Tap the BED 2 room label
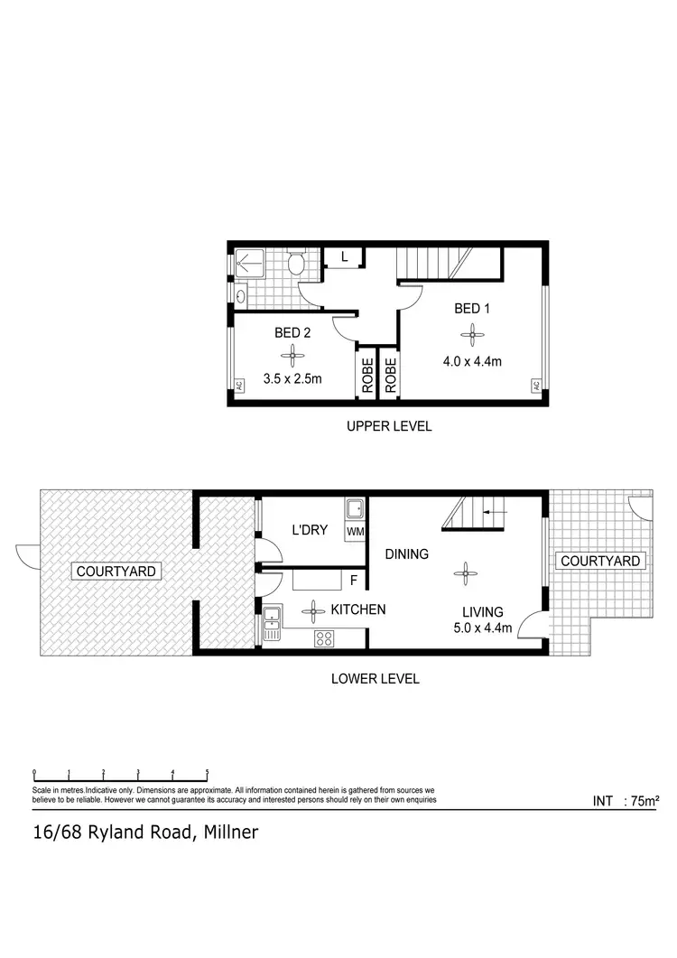click(x=292, y=332)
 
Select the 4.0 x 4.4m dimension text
click(x=471, y=362)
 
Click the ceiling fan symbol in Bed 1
click(x=472, y=336)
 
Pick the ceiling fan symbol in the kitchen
click(x=313, y=610)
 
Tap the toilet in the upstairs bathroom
click(x=295, y=264)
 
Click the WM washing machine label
click(x=355, y=532)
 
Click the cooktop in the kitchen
click(x=324, y=638)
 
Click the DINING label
click(x=406, y=553)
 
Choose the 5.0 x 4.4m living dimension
click(x=483, y=628)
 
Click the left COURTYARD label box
click(x=116, y=571)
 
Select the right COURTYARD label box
click(x=600, y=561)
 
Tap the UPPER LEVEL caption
click(x=389, y=425)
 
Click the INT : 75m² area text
click(x=626, y=801)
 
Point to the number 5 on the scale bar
click(x=208, y=772)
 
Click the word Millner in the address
click(x=230, y=832)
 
